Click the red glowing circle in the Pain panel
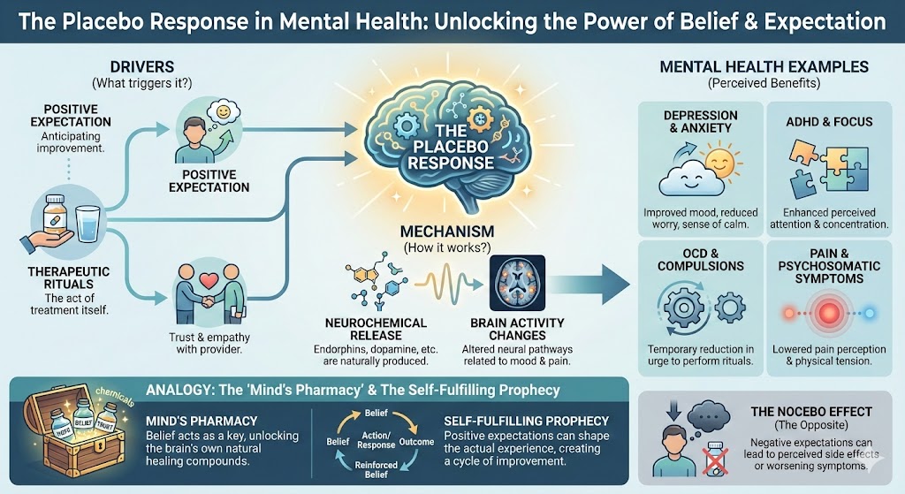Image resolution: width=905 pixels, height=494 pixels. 828,314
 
